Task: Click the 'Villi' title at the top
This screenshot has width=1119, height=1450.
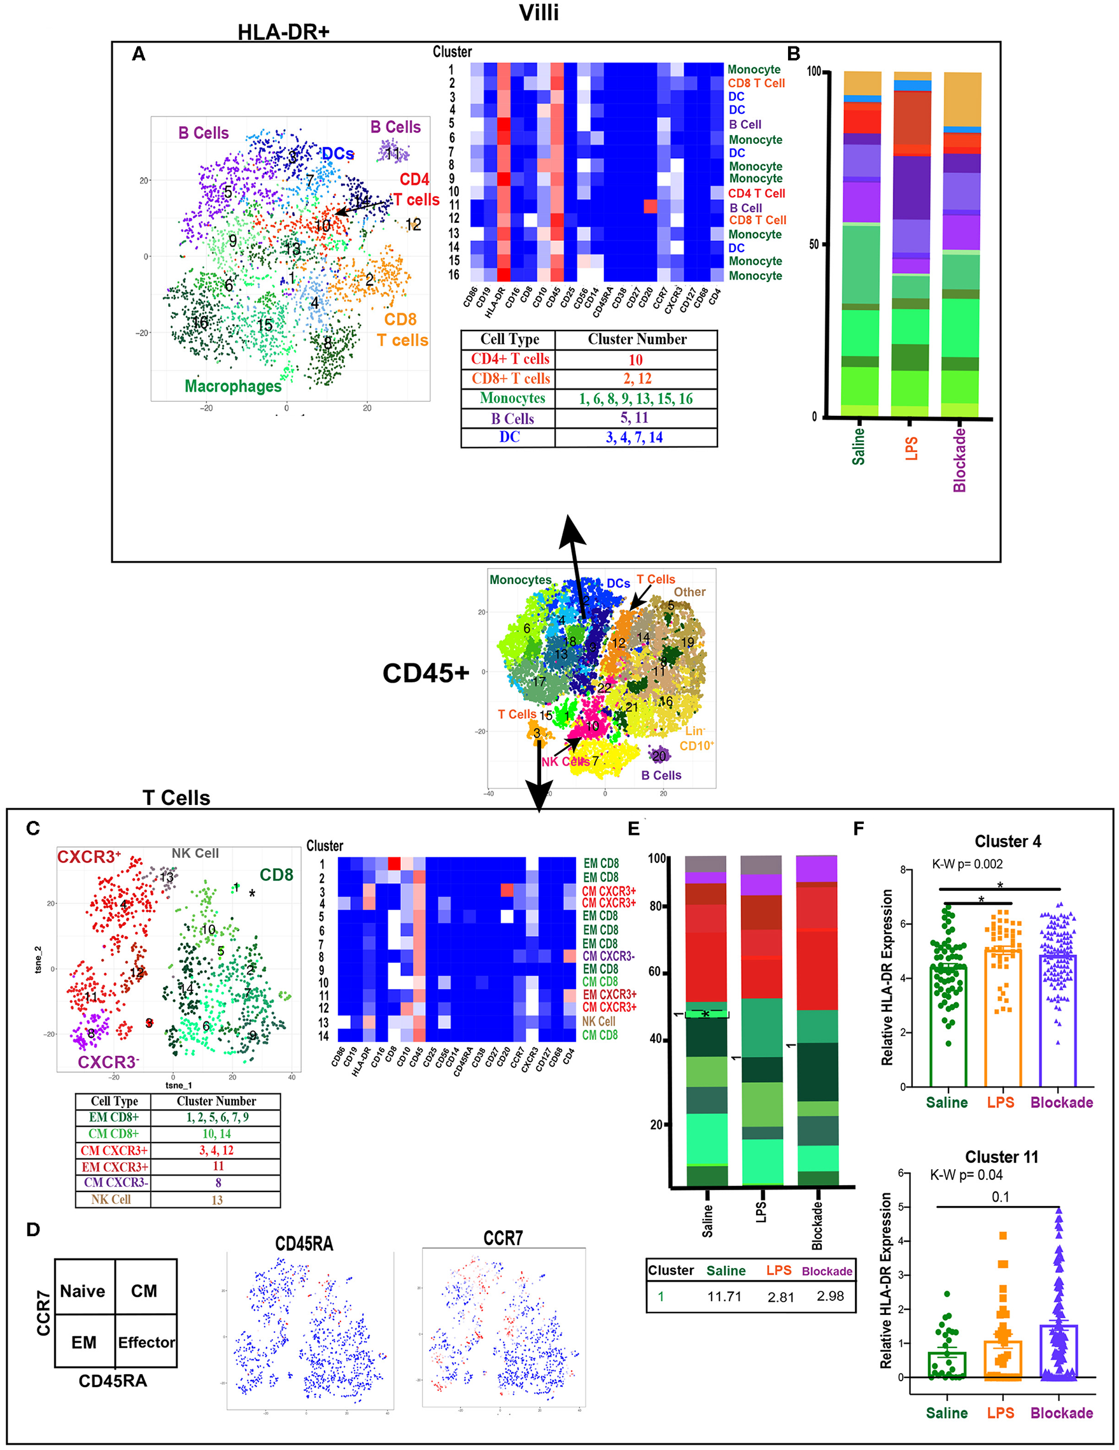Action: tap(538, 13)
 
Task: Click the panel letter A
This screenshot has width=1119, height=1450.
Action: tap(138, 54)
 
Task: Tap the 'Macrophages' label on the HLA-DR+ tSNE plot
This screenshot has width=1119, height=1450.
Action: tap(233, 386)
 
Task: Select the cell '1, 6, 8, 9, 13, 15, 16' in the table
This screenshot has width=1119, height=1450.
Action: tap(635, 399)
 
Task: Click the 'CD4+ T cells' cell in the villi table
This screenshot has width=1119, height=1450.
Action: tap(510, 359)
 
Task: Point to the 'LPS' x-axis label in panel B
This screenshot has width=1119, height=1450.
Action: tap(911, 448)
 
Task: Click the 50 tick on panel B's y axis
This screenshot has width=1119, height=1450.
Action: tap(813, 245)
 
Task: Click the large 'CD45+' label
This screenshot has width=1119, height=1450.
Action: tap(425, 673)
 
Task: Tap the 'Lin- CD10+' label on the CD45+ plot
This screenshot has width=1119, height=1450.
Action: tap(696, 738)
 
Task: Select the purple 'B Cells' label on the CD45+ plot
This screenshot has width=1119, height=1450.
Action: tap(661, 776)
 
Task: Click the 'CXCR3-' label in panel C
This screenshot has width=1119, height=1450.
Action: tap(108, 1062)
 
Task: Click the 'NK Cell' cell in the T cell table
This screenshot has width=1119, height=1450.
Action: tap(111, 1199)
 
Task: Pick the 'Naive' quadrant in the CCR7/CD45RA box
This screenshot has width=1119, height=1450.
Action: tap(83, 1291)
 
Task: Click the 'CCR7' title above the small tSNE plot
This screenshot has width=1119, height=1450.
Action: tap(502, 1238)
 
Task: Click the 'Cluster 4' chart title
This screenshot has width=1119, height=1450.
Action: tap(1007, 842)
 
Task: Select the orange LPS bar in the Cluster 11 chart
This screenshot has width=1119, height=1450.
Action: tap(1002, 1360)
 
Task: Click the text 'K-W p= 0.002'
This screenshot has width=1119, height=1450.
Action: tap(967, 864)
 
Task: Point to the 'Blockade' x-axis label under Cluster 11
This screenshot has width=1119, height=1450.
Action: tap(1061, 1413)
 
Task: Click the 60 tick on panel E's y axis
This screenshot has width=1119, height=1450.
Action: tap(656, 971)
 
